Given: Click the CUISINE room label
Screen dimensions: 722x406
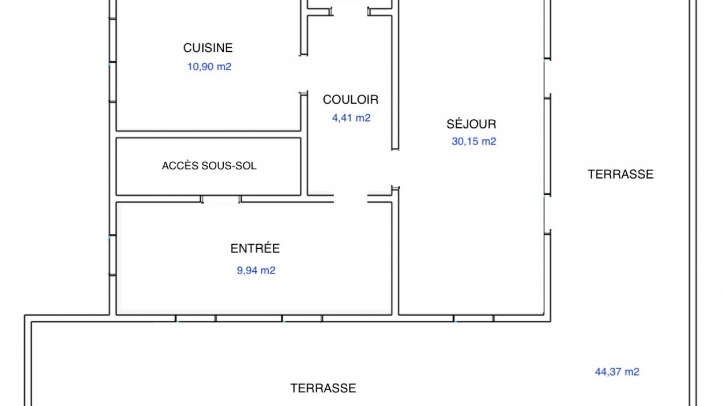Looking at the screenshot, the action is click(208, 48).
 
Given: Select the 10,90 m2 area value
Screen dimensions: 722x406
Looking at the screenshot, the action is click(209, 67).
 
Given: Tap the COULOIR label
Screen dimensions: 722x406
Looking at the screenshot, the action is click(351, 100).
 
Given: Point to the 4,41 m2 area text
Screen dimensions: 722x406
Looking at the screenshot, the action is click(351, 118).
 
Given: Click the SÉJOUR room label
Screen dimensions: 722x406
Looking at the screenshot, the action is click(471, 124).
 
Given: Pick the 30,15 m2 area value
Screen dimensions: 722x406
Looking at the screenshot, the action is click(474, 141).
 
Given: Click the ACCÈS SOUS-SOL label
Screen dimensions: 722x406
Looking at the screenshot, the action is click(209, 166).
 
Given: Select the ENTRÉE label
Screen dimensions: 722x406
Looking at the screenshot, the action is click(255, 248).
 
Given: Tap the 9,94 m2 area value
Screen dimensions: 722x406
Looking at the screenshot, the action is click(256, 271).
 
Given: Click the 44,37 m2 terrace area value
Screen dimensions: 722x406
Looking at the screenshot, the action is click(617, 372).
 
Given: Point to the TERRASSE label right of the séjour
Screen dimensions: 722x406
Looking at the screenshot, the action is click(621, 174).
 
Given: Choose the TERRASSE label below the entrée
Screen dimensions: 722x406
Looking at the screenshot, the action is click(323, 388).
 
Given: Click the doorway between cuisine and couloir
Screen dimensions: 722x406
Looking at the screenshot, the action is click(304, 74).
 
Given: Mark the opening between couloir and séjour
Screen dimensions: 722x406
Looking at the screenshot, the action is click(396, 168).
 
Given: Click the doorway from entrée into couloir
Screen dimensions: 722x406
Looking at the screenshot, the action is click(351, 198).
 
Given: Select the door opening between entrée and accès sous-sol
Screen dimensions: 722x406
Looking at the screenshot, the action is click(221, 199).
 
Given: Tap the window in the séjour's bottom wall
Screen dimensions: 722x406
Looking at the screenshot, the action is click(473, 318).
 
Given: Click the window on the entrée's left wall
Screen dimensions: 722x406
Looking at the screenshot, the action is click(112, 255).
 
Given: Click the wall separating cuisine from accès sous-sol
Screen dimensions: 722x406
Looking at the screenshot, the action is click(208, 131).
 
